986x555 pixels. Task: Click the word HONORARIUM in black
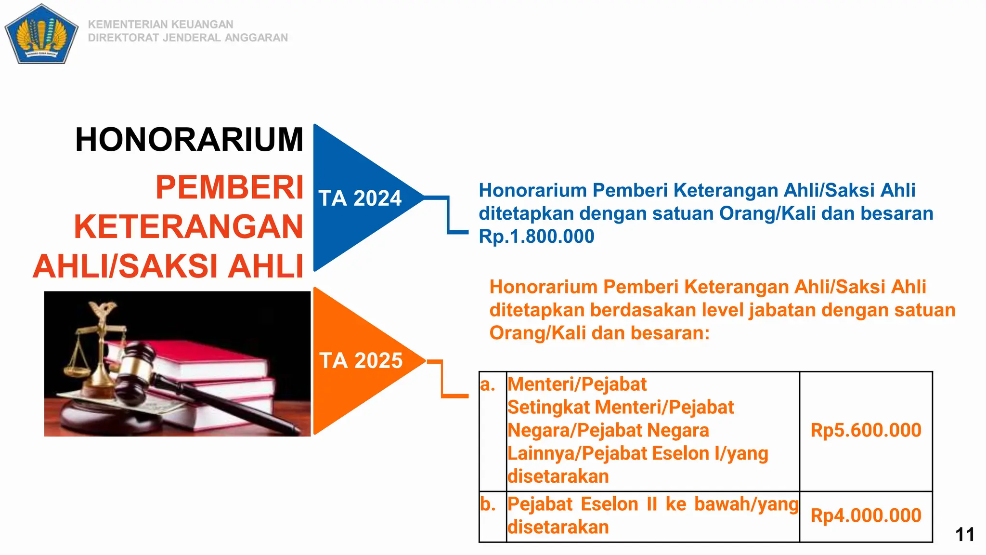tap(189, 140)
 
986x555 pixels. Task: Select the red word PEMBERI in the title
tap(229, 187)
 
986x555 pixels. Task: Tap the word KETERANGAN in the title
tap(188, 226)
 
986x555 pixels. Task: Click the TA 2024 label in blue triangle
tap(360, 198)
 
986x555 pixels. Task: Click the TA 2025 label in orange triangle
tap(361, 361)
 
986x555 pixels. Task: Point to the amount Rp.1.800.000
tap(536, 237)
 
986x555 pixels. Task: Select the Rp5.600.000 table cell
tap(866, 430)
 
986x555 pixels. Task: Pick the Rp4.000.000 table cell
tap(866, 515)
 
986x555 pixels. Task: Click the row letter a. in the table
tap(488, 384)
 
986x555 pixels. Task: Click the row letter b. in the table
tap(488, 504)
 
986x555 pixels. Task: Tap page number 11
tap(964, 534)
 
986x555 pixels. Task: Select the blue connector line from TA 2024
tap(448, 214)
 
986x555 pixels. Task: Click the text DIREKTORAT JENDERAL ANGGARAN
tap(188, 38)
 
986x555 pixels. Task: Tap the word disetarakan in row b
tap(558, 527)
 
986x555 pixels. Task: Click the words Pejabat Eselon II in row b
tap(583, 504)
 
